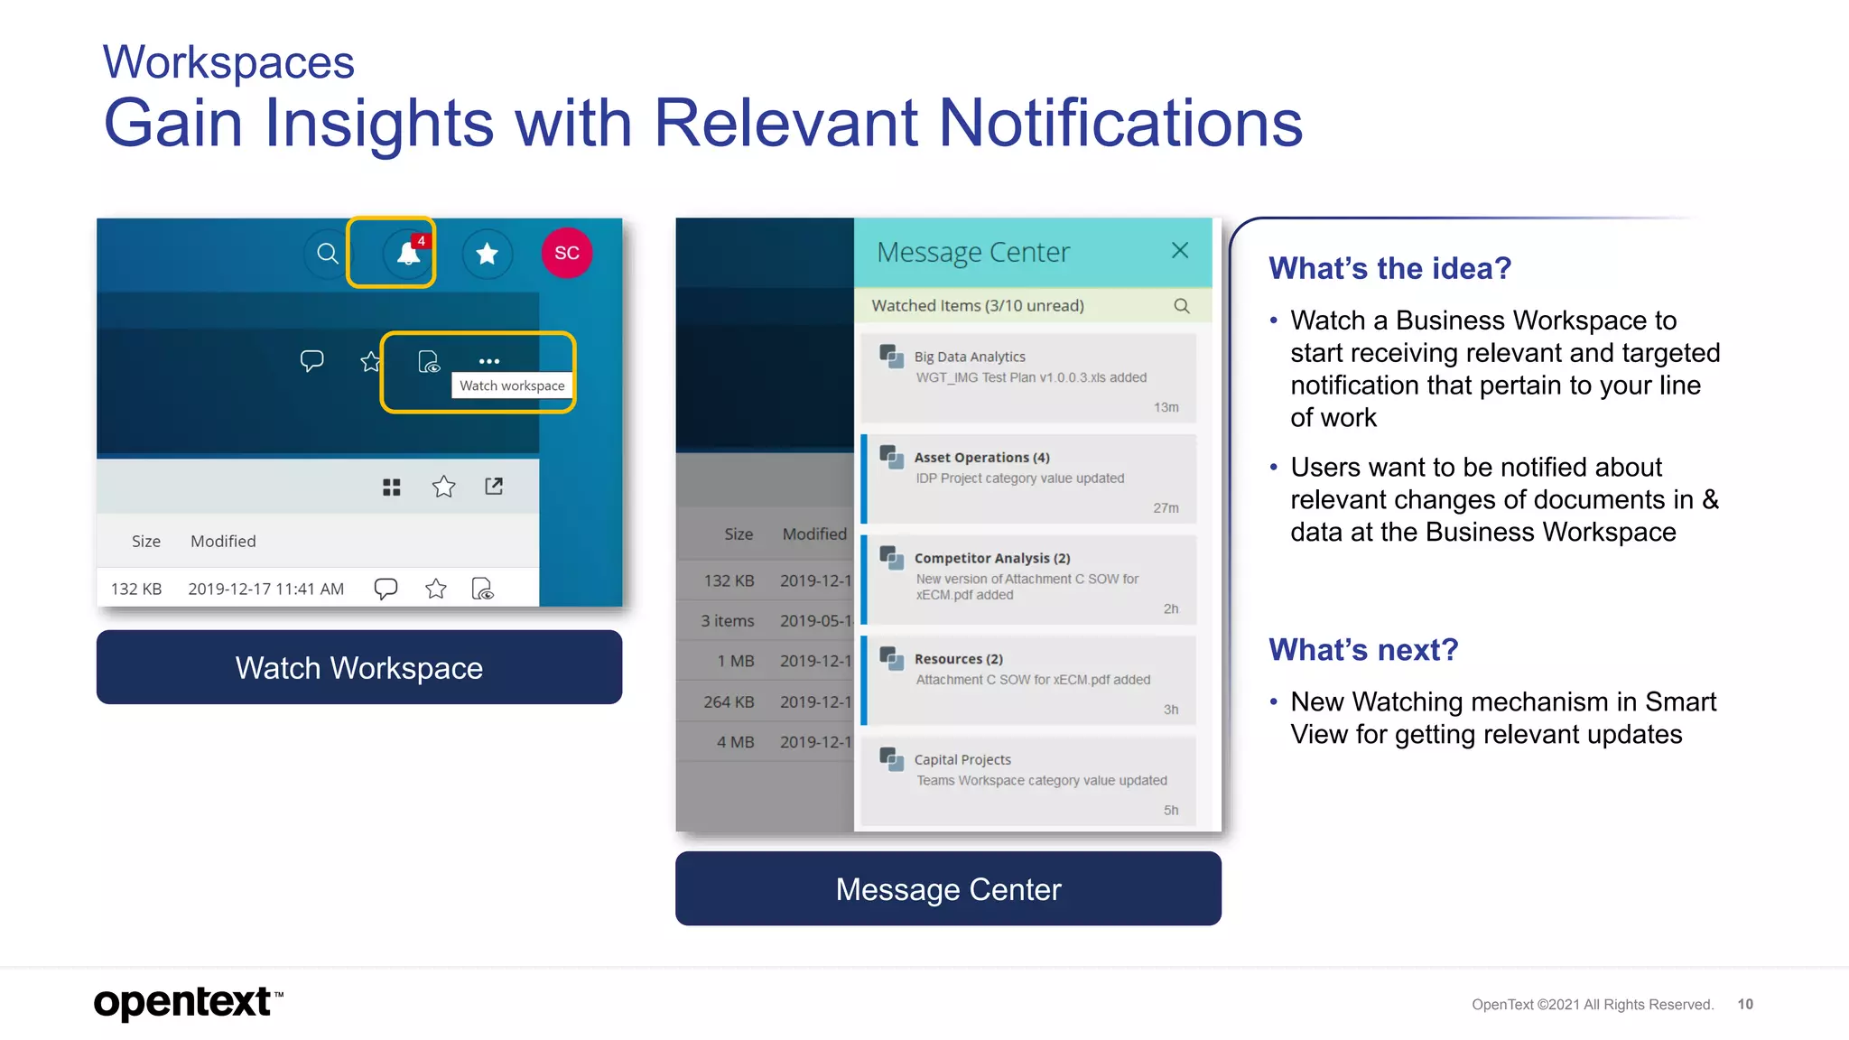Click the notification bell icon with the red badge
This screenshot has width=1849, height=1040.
pos(408,254)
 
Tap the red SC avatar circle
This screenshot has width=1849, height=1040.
pos(567,253)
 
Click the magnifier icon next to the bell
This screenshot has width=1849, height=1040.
pos(328,254)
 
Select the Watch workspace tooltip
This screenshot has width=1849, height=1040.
pos(512,385)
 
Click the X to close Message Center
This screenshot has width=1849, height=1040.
pos(1179,251)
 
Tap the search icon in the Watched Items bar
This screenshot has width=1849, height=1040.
pos(1181,306)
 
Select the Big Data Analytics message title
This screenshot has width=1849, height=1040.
pos(970,357)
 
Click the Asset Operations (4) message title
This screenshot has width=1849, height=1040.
pos(981,458)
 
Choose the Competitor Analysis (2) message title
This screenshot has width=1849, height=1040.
pos(991,558)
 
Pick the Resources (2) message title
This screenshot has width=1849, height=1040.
pos(958,659)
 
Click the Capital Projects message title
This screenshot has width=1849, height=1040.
pos(962,759)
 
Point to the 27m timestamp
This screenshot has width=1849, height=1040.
pos(1166,508)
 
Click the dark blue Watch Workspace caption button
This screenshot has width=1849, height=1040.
pos(359,667)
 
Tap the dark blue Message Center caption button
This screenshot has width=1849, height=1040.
pos(948,889)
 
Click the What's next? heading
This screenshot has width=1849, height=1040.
pos(1363,650)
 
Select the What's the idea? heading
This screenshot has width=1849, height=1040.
pos(1389,268)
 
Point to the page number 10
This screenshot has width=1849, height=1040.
pos(1745,1004)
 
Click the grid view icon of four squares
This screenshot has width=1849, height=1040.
pos(391,487)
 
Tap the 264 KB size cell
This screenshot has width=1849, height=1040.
pos(729,701)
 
